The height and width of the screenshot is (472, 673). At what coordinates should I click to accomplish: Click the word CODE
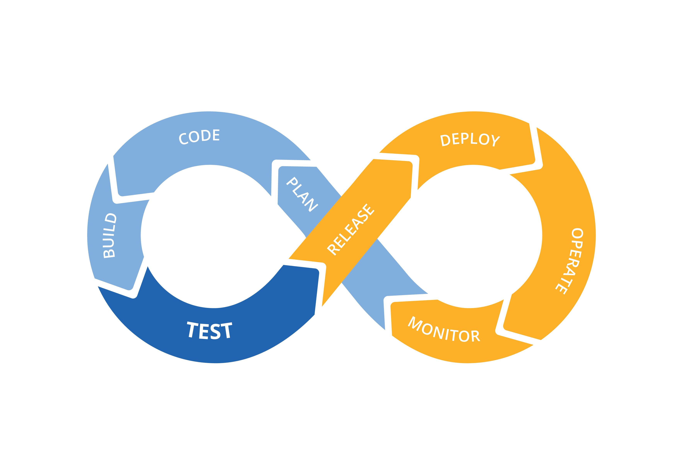[x=199, y=137]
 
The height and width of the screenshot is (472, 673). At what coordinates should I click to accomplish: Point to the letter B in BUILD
[x=109, y=253]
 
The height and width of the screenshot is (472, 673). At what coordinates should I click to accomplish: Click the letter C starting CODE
[x=184, y=139]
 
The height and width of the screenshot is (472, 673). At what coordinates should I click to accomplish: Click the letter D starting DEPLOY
[x=446, y=141]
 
